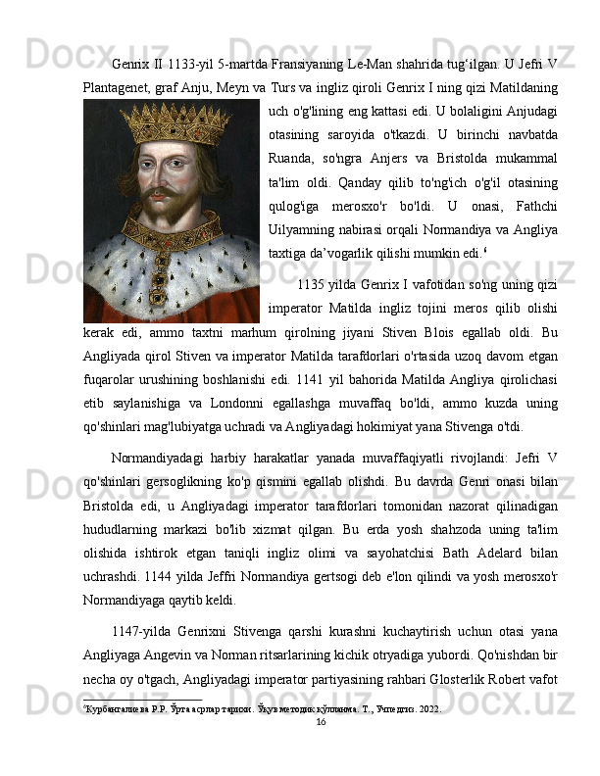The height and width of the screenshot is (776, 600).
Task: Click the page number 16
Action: [x=321, y=721]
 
